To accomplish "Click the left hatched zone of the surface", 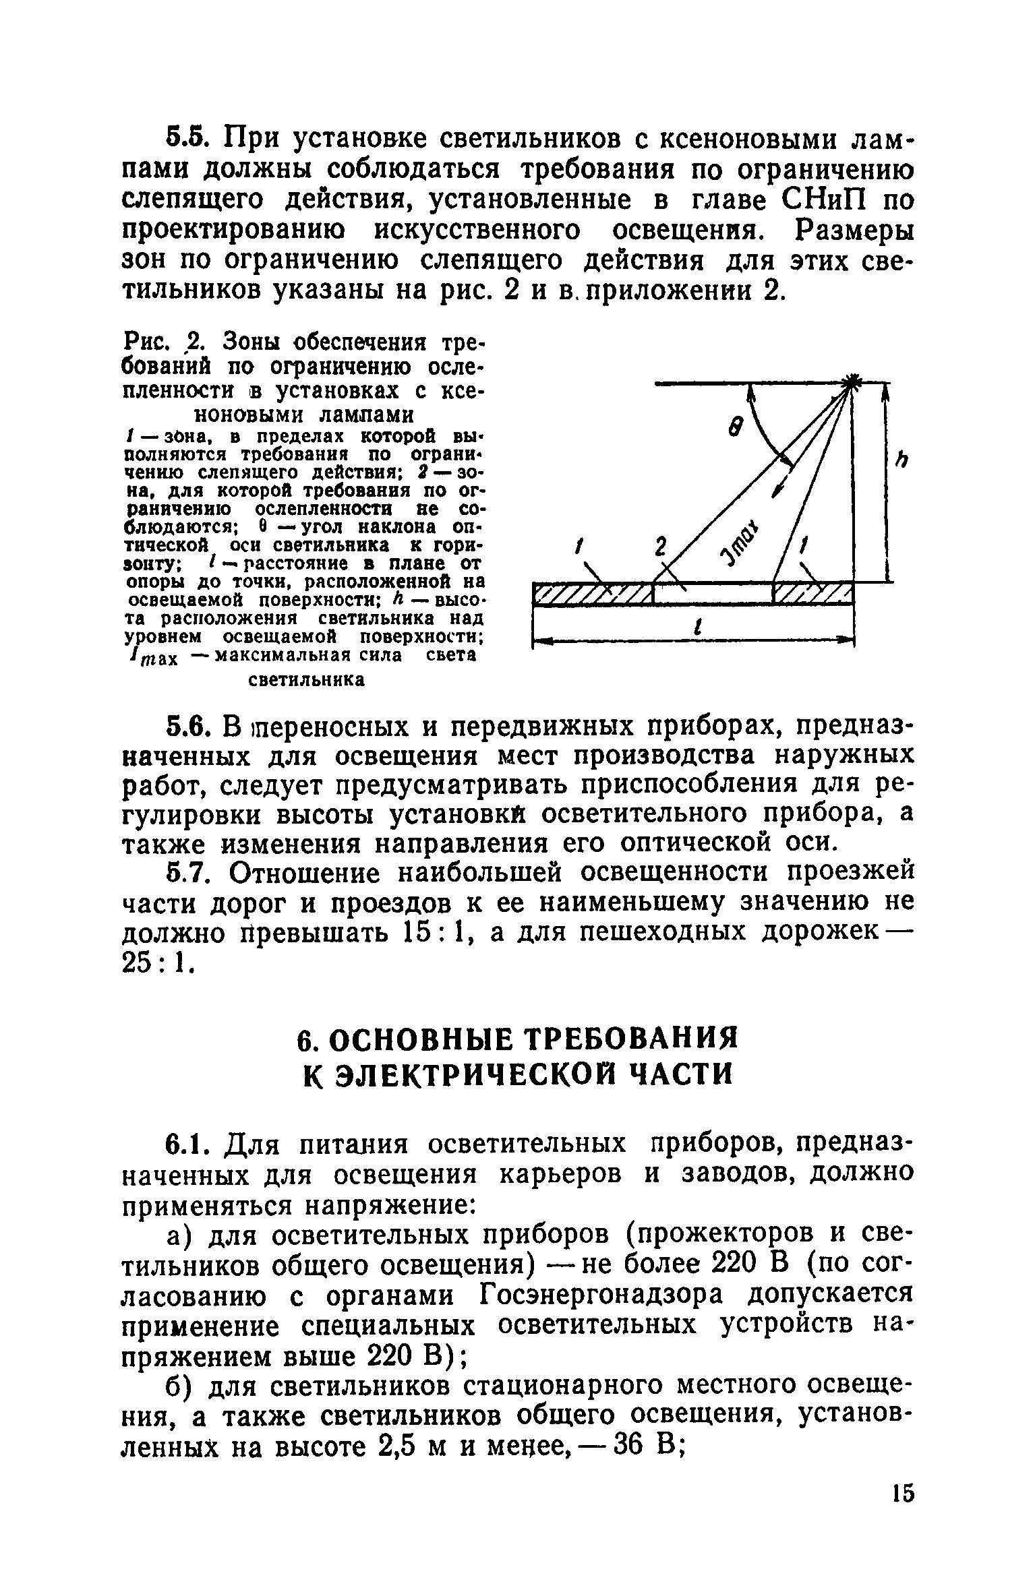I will pos(593,594).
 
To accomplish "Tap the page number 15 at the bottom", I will pos(900,1512).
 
